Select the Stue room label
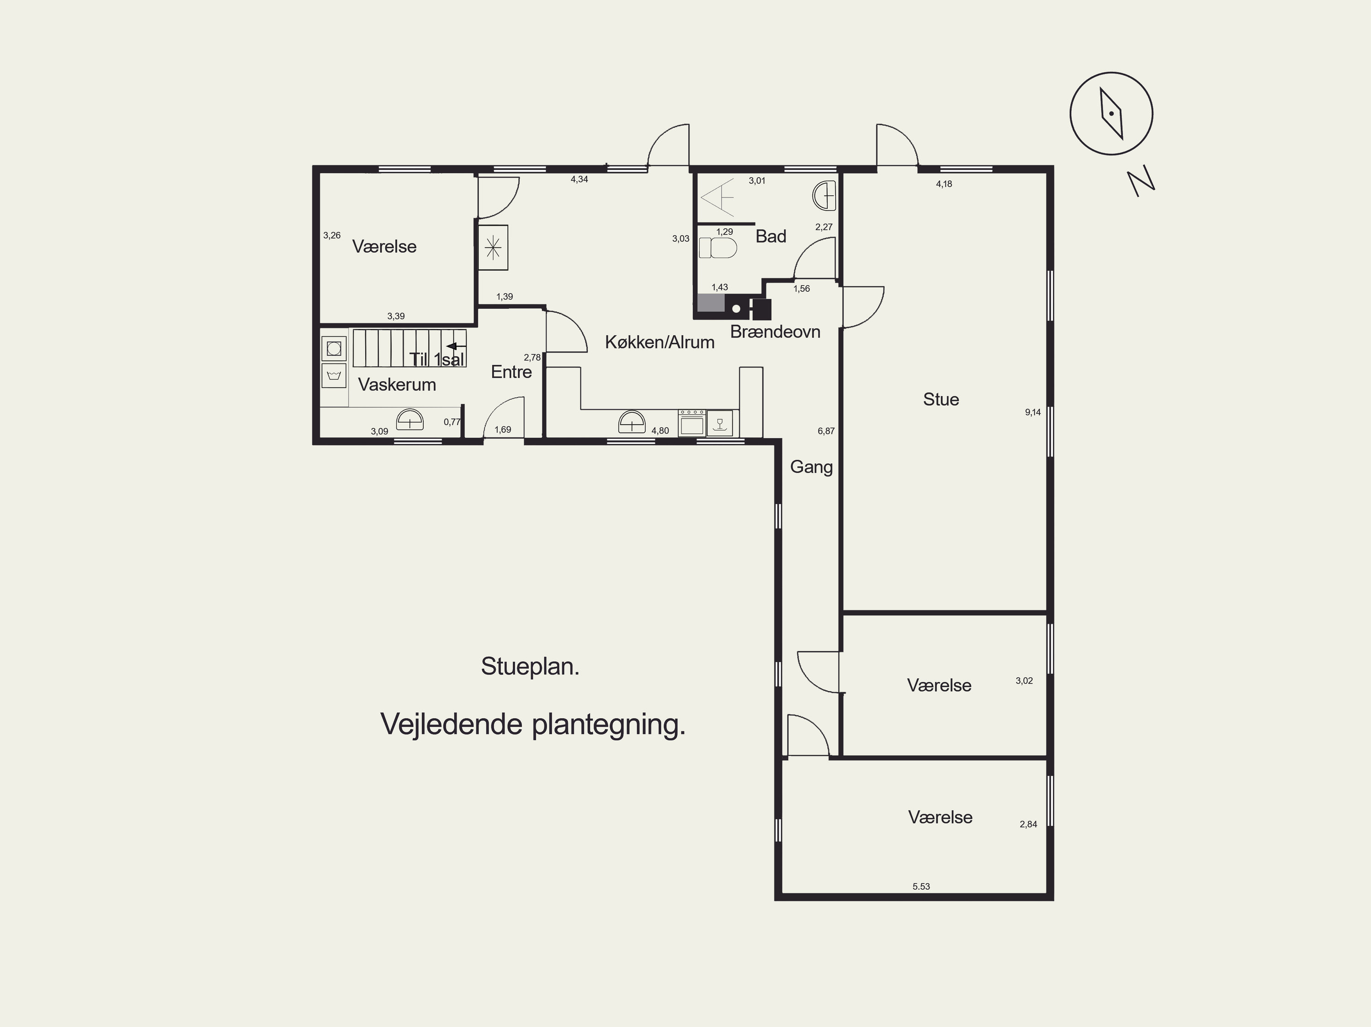coord(941,400)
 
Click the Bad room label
coord(771,236)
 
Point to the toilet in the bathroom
coord(718,248)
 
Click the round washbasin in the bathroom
coord(824,195)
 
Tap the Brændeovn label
coord(776,332)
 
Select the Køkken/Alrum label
coord(659,342)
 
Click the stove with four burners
coord(692,423)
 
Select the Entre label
coord(511,372)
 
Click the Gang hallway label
coord(811,467)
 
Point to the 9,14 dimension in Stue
coord(1032,412)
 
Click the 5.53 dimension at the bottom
coord(921,886)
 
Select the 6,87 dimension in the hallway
coord(826,431)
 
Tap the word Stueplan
coord(530,667)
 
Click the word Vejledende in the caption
coord(451,724)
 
